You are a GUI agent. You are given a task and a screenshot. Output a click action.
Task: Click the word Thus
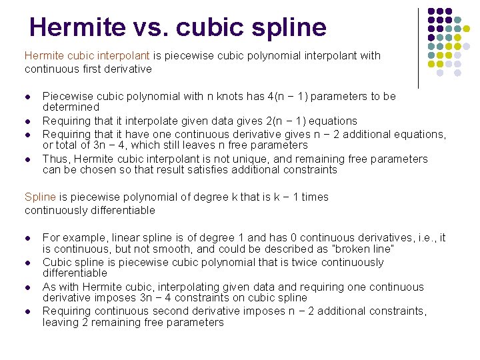[55, 159]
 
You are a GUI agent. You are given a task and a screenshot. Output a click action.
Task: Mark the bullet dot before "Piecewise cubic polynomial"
[28, 97]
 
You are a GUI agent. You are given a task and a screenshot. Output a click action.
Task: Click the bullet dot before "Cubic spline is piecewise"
[28, 263]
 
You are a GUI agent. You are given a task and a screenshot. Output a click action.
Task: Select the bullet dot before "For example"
[28, 238]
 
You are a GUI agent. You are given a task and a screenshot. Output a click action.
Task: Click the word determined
[71, 107]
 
